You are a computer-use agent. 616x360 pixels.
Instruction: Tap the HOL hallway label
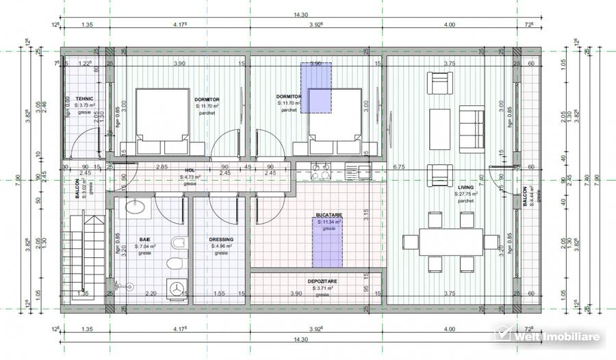(x=190, y=170)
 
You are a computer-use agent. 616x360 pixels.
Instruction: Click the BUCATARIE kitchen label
(x=329, y=215)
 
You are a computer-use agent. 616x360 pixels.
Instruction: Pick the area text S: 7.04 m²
(x=145, y=246)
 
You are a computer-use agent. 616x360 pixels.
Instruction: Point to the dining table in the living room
(x=446, y=241)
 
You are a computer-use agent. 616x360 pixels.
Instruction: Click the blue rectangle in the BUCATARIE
(x=329, y=244)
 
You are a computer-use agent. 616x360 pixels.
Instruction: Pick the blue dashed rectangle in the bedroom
(x=316, y=88)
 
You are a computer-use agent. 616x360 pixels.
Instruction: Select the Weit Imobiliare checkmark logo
(x=504, y=335)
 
